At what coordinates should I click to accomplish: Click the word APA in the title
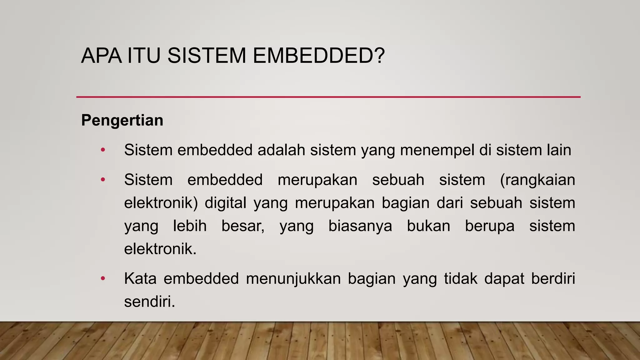tap(101, 56)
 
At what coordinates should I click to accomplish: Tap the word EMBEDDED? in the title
tap(318, 56)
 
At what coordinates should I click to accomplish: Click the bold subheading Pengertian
tap(122, 120)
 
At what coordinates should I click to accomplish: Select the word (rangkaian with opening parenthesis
tap(537, 180)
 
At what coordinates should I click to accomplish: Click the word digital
tap(226, 203)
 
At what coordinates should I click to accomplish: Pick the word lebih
tap(190, 226)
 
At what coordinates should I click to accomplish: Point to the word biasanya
tap(360, 226)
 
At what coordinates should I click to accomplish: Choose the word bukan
tap(428, 226)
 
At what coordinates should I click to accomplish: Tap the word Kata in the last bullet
tap(140, 278)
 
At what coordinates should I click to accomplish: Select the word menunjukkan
tap(293, 278)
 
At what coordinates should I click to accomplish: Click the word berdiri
tap(553, 278)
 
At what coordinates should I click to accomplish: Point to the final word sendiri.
tap(149, 302)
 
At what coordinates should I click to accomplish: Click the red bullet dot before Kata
tap(103, 278)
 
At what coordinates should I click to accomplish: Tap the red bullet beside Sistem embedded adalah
tap(103, 150)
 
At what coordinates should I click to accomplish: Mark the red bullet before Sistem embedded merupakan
tap(103, 180)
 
